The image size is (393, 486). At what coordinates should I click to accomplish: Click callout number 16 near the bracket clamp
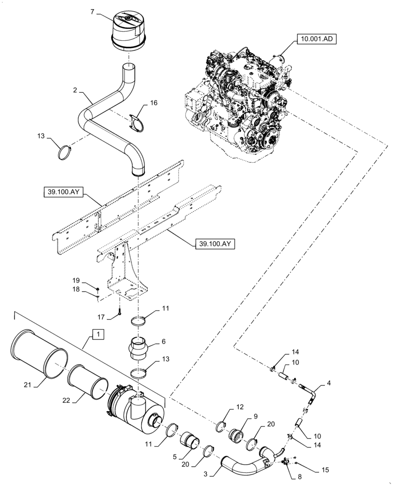point(154,103)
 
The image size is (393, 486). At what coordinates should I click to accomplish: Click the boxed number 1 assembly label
point(97,335)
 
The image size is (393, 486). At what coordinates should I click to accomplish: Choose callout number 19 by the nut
point(76,280)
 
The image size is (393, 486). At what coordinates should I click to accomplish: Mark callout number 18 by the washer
point(76,289)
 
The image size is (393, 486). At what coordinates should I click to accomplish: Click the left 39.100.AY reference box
point(63,195)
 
